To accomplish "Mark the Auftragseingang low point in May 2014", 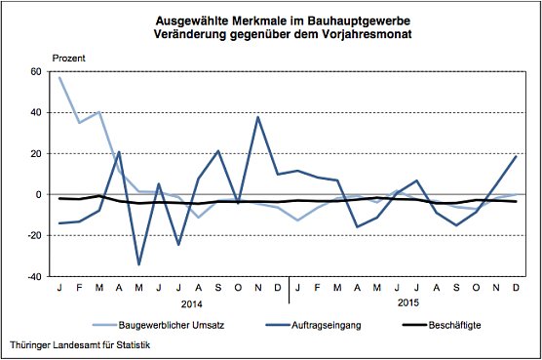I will coord(138,264).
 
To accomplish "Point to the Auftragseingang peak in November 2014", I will coord(258,117).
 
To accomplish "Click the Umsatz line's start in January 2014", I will coord(59,77).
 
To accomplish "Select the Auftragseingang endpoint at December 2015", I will coord(516,156).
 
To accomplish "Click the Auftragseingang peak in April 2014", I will coord(118,151).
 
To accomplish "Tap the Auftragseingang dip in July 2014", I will coord(178,244).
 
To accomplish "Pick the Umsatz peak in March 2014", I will coord(98,112).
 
